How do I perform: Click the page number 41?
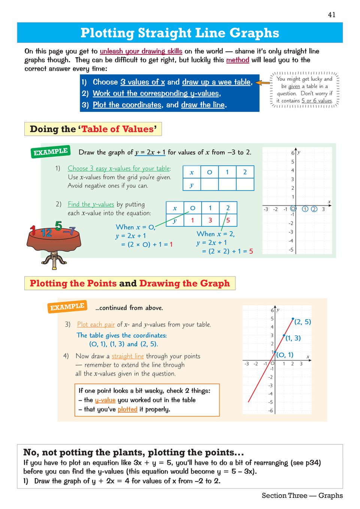point(332,15)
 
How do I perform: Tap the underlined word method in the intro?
point(238,60)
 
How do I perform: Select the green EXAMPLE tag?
point(50,152)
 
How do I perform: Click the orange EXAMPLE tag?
point(67,307)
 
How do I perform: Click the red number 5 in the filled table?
point(228,220)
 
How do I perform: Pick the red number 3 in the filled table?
point(210,220)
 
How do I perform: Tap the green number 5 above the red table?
point(58,226)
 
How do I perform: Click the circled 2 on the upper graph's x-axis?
point(314,209)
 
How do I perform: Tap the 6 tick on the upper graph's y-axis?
point(293,153)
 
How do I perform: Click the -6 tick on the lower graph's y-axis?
point(270,411)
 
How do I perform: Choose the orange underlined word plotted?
point(127,409)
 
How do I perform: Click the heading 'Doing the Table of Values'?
point(93,129)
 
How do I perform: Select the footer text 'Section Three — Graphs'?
point(302,496)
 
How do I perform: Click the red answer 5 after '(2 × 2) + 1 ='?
point(251,251)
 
